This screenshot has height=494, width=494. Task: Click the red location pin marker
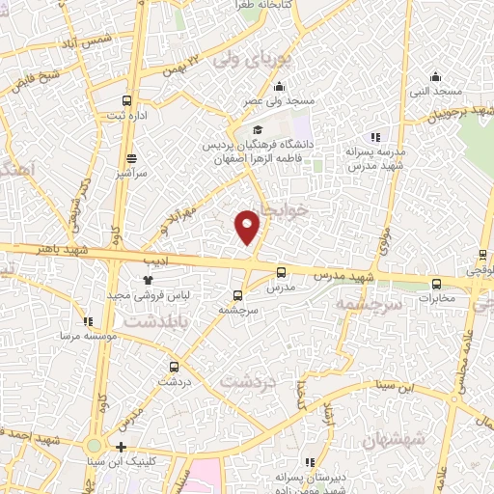coord(248,226)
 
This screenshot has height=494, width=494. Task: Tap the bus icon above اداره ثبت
coord(127,100)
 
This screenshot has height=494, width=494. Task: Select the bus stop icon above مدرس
coord(281,272)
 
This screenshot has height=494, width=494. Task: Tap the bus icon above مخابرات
coord(437,284)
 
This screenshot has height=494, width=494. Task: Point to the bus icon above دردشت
coord(175,367)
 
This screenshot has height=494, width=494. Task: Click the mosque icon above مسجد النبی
coord(436,77)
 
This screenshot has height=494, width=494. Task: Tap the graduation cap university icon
coord(257,129)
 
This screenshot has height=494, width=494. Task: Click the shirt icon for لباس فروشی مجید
coord(148,279)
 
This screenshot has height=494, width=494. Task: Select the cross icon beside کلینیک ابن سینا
coord(120,447)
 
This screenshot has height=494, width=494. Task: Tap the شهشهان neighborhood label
coord(396,441)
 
